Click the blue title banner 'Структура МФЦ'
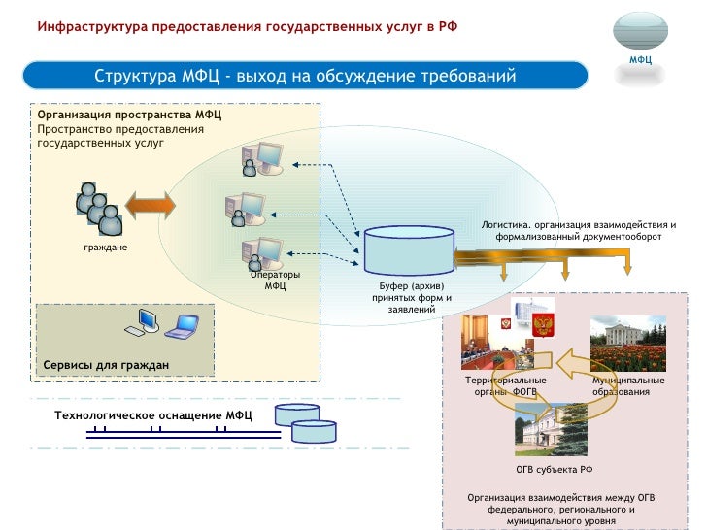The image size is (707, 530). tap(305, 77)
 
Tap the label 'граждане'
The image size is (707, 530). tap(105, 248)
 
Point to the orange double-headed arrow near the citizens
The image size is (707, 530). tap(149, 207)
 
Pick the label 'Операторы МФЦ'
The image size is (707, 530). tap(275, 280)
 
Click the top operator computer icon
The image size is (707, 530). tap(261, 159)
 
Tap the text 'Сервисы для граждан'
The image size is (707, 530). tap(106, 365)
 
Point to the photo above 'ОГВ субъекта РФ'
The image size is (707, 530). tap(551, 429)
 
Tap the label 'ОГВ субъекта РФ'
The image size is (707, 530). tap(554, 469)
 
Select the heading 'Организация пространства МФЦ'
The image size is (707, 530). tap(129, 115)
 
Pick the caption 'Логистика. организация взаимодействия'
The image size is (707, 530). tap(578, 230)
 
